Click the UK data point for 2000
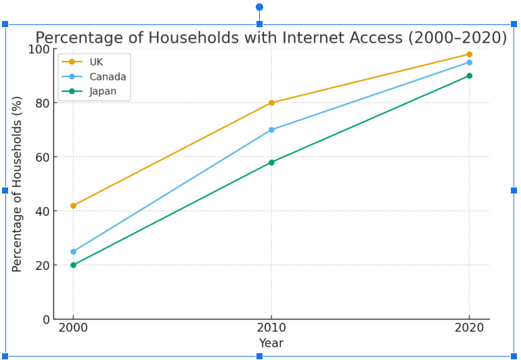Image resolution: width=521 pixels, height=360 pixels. pos(73,206)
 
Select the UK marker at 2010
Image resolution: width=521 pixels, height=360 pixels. pos(271,103)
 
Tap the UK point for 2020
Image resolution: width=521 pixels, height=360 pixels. pos(469,54)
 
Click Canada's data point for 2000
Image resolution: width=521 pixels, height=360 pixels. pos(73,252)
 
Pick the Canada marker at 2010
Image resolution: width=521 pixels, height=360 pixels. pos(271,130)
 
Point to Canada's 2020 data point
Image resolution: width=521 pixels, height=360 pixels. pos(469,62)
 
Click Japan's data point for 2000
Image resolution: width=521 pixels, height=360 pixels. pos(73,265)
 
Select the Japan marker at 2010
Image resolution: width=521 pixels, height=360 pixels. pos(271,162)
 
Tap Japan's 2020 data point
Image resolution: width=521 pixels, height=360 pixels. pos(469,76)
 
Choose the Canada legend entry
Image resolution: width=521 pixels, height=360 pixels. pos(108,76)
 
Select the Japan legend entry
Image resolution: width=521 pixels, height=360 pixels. pos(103,91)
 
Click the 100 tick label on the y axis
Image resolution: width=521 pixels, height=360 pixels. pos(39,49)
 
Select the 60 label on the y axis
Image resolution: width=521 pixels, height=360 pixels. pos(43,157)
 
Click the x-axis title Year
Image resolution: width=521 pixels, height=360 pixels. pos(271,343)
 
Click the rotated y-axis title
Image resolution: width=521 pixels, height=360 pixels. pos(18,184)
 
